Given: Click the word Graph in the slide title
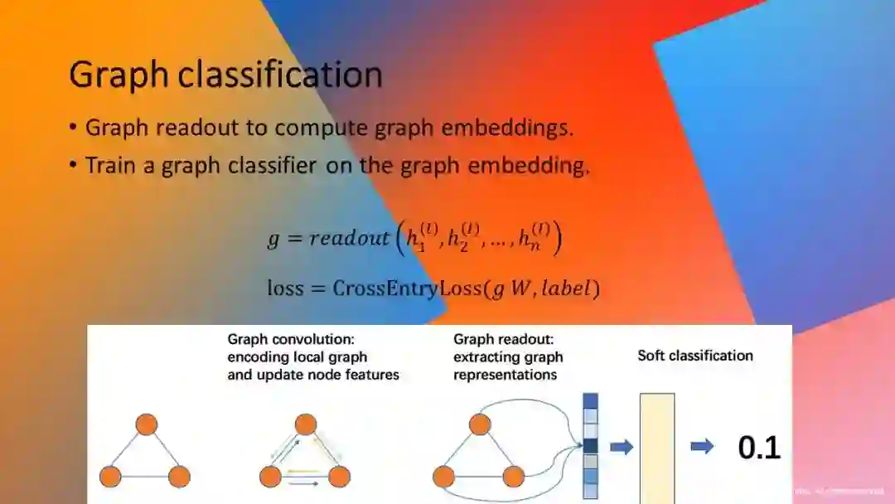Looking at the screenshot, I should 119,75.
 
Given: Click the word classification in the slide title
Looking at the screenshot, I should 281,75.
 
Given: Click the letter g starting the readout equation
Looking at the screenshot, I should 273,240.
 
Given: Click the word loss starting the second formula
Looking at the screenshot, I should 286,288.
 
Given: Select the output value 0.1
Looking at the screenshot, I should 759,448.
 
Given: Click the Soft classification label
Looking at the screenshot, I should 695,356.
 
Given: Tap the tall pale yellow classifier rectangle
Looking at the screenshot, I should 657,448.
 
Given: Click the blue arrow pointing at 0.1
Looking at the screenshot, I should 702,447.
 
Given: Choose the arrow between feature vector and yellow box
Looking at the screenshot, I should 622,447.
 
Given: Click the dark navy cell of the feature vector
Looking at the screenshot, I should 590,446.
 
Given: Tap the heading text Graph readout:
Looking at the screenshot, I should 503,339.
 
